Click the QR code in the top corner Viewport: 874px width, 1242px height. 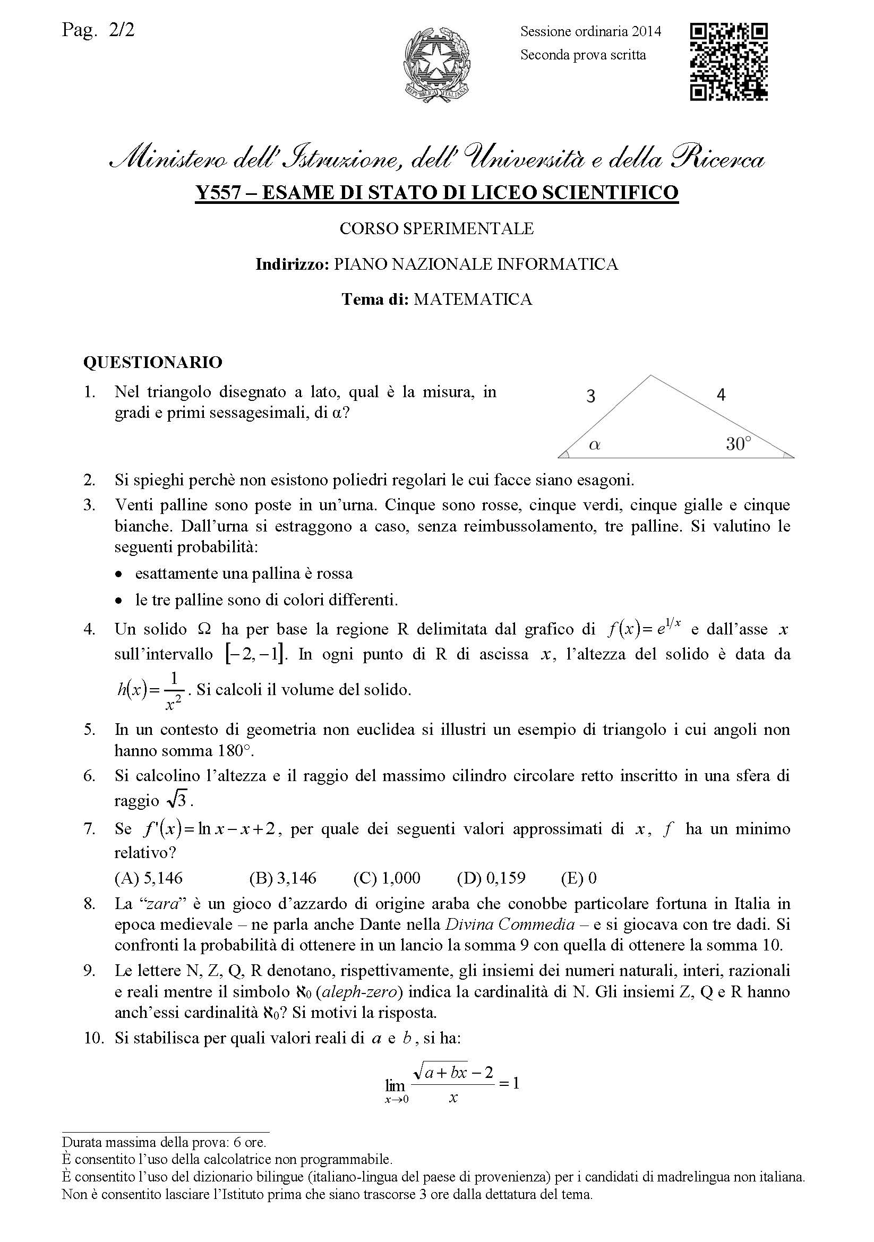pyautogui.click(x=729, y=62)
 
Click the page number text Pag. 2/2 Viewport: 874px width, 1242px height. pyautogui.click(x=98, y=30)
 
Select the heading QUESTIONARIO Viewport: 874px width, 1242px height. pyautogui.click(x=152, y=362)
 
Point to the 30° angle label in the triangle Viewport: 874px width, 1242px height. pyautogui.click(x=738, y=444)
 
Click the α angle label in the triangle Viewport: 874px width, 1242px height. pyautogui.click(x=595, y=445)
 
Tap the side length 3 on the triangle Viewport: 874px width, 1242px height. pyautogui.click(x=590, y=397)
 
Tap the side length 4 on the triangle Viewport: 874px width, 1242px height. pyautogui.click(x=721, y=395)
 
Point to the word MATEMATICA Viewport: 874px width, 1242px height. pyautogui.click(x=473, y=299)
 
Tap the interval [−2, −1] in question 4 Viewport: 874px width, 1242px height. pyautogui.click(x=254, y=655)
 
